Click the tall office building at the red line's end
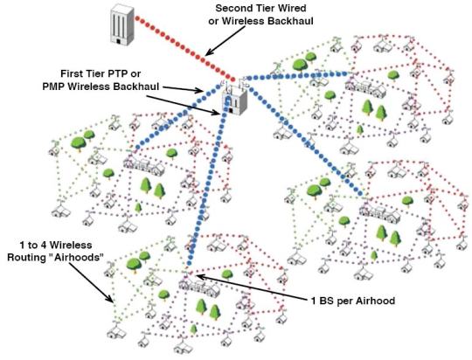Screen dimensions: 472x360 pyautogui.click(x=121, y=25)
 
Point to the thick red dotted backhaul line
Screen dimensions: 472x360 pyautogui.click(x=184, y=49)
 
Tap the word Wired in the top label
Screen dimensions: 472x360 pyautogui.click(x=292, y=8)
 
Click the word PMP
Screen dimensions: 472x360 pyautogui.click(x=54, y=87)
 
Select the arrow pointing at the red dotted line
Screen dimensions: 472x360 pyautogui.click(x=226, y=41)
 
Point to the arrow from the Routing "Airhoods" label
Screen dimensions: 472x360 pyautogui.click(x=92, y=282)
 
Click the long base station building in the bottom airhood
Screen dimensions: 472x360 pyautogui.click(x=198, y=287)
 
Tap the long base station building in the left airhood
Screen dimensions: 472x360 pyautogui.click(x=144, y=166)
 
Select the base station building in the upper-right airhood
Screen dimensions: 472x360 pyautogui.click(x=365, y=87)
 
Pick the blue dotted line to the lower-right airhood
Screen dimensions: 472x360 pyautogui.click(x=305, y=139)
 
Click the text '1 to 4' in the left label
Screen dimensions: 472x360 pyautogui.click(x=34, y=245)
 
